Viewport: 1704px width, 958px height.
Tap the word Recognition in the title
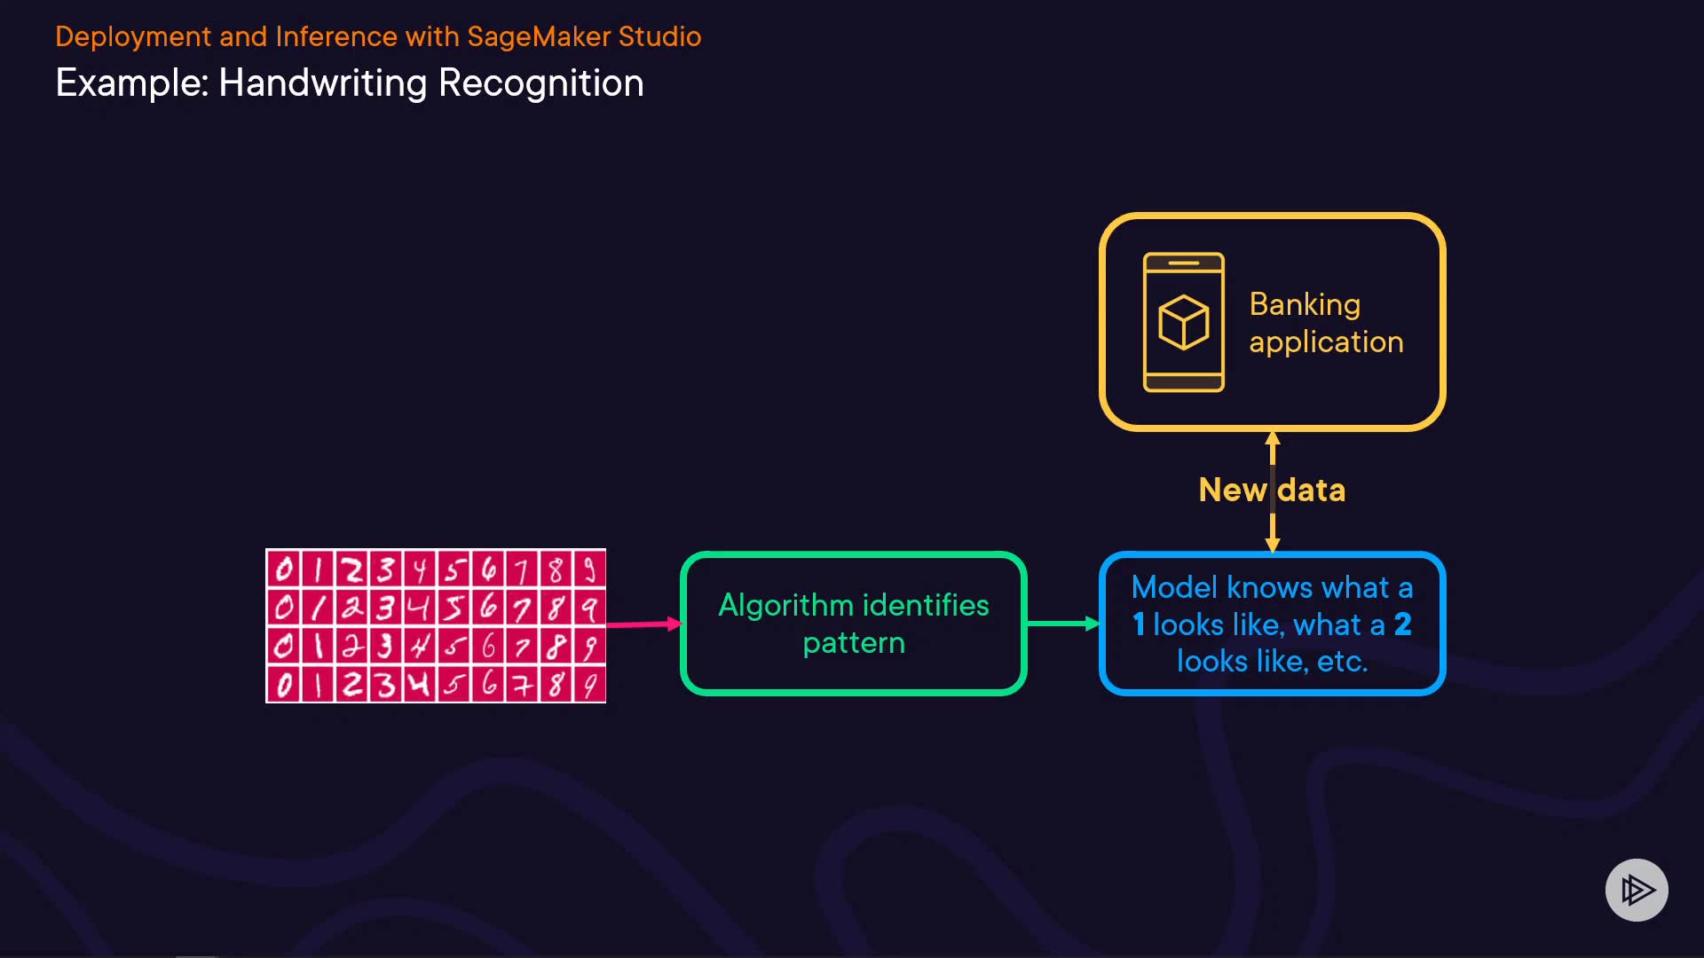coord(541,83)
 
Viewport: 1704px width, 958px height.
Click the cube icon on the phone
coord(1183,322)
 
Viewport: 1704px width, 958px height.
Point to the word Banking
coord(1305,305)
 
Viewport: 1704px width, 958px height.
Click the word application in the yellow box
coord(1326,342)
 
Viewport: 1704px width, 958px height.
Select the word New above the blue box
coord(1232,490)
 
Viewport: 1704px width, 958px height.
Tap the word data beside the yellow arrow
coord(1312,490)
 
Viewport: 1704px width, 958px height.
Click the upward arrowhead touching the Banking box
coord(1273,438)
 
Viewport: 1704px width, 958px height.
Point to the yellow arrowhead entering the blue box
coord(1273,545)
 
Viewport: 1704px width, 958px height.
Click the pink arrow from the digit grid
coord(644,624)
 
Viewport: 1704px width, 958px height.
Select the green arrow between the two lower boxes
coord(1063,624)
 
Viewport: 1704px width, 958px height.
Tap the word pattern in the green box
coord(854,643)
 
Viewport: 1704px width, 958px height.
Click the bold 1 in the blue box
coord(1139,624)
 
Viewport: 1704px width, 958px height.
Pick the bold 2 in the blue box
coord(1403,624)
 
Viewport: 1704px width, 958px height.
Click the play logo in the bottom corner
coord(1637,890)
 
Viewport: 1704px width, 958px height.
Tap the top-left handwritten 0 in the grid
coord(284,569)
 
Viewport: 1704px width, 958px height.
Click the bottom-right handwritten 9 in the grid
coord(589,686)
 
